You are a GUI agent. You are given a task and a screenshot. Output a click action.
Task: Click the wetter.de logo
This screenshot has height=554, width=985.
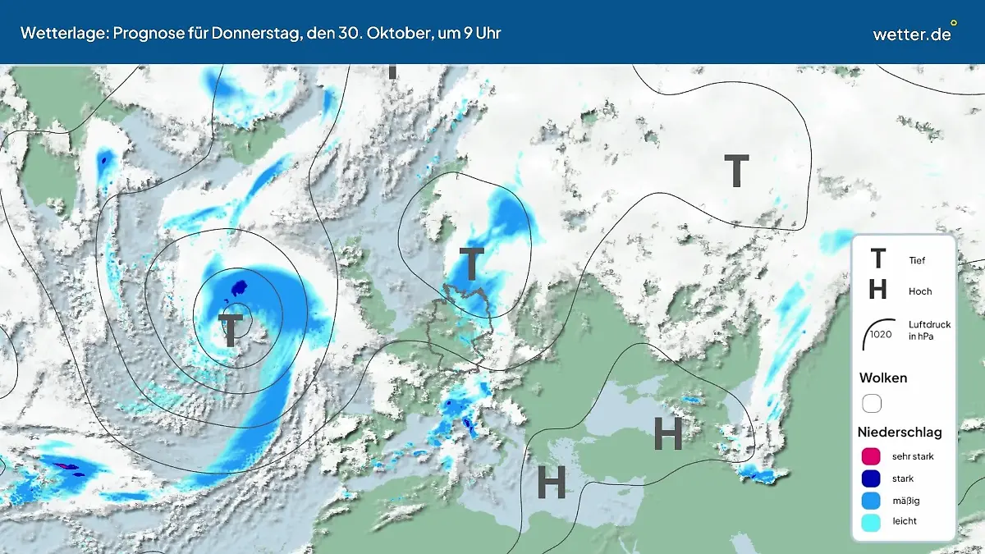(x=913, y=33)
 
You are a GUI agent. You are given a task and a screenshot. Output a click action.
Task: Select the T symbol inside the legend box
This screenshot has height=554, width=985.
(x=877, y=259)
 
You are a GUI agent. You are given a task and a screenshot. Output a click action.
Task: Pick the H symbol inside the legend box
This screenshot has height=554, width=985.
(x=877, y=290)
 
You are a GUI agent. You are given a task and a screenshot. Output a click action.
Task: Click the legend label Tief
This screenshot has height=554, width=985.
(x=917, y=261)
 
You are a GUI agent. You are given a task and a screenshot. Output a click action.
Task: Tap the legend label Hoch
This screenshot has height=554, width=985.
(x=920, y=291)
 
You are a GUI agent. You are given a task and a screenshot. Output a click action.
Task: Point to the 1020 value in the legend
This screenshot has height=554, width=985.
(x=881, y=334)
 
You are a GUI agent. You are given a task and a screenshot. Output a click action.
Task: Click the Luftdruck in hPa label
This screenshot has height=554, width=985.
(x=930, y=331)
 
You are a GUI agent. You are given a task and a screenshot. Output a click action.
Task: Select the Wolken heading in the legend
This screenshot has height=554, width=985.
(x=882, y=378)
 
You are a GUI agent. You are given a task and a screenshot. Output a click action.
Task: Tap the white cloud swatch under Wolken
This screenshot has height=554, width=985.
(x=872, y=403)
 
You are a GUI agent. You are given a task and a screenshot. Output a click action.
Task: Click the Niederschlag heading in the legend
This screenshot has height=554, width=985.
(x=900, y=432)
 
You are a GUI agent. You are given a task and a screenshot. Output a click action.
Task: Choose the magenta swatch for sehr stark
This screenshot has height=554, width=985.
(x=872, y=456)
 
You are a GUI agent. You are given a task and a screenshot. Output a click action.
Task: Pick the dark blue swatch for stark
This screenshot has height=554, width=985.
(x=872, y=478)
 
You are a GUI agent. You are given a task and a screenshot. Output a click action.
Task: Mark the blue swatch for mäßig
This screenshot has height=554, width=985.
(x=872, y=500)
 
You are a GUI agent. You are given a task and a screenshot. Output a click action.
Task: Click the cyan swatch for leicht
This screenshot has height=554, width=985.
(x=872, y=521)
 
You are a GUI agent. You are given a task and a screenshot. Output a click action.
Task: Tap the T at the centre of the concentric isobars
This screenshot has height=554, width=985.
(x=231, y=328)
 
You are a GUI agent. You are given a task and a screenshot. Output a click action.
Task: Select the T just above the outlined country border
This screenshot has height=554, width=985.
(x=472, y=264)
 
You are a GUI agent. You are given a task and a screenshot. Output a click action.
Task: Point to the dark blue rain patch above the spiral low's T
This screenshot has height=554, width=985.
(x=239, y=289)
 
